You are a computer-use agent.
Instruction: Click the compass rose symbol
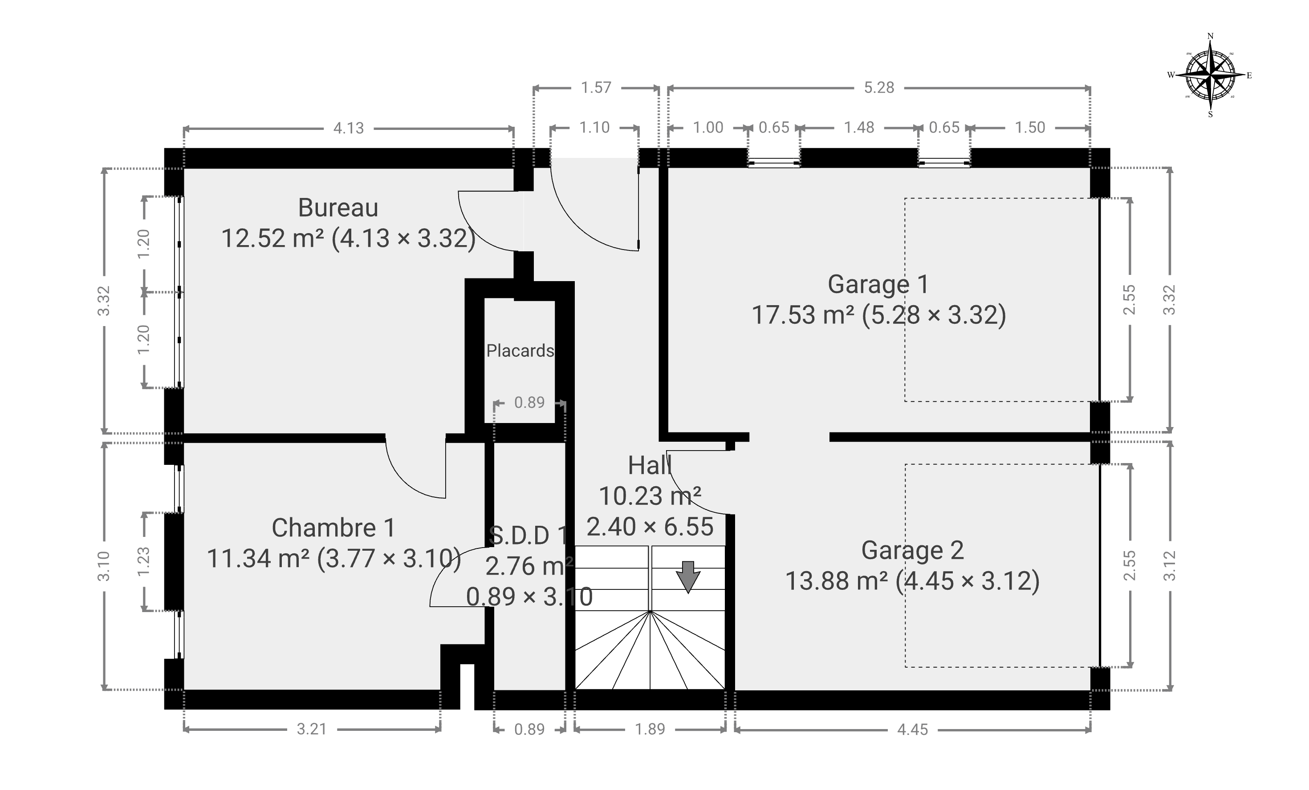point(1211,75)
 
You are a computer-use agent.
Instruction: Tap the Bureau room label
point(338,208)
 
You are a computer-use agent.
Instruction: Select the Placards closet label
point(520,351)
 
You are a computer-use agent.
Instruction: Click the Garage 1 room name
point(878,284)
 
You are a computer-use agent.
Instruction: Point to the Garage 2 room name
point(912,550)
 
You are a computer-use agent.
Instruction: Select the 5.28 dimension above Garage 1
point(879,88)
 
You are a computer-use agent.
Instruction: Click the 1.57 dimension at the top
point(596,88)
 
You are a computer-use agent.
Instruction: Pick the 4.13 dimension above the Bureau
point(349,128)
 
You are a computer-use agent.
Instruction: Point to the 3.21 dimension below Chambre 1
point(312,729)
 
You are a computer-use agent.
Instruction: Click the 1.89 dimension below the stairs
point(650,729)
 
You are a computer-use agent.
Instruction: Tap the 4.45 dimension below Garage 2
point(913,730)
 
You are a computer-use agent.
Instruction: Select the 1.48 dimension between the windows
point(859,127)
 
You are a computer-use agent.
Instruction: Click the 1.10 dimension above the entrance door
point(594,127)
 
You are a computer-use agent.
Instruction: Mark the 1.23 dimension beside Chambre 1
point(143,561)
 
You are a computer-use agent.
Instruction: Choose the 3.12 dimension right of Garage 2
point(1170,566)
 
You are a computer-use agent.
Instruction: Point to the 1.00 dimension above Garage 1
point(708,127)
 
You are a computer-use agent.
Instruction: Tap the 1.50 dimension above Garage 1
point(1030,127)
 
